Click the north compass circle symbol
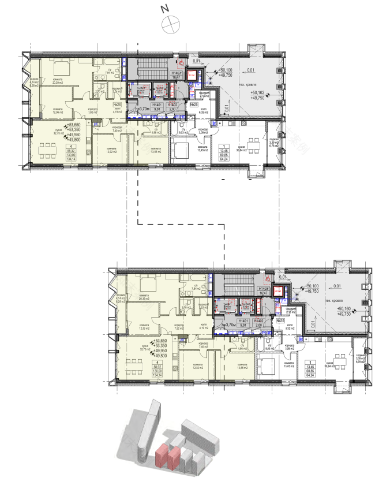[172, 24]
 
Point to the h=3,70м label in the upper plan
[142, 108]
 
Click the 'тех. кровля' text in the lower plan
[333, 301]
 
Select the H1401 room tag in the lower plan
[243, 320]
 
